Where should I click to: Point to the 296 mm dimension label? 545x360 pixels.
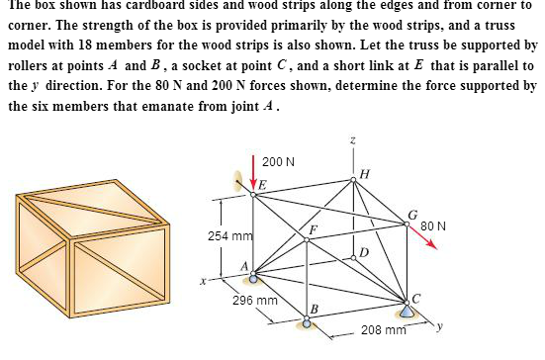tap(255, 300)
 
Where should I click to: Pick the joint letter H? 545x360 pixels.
tap(365, 174)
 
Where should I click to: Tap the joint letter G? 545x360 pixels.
tap(412, 216)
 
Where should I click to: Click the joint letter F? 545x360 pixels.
tap(314, 230)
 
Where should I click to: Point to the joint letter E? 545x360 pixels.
tap(262, 185)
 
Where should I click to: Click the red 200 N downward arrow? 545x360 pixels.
tap(256, 171)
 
